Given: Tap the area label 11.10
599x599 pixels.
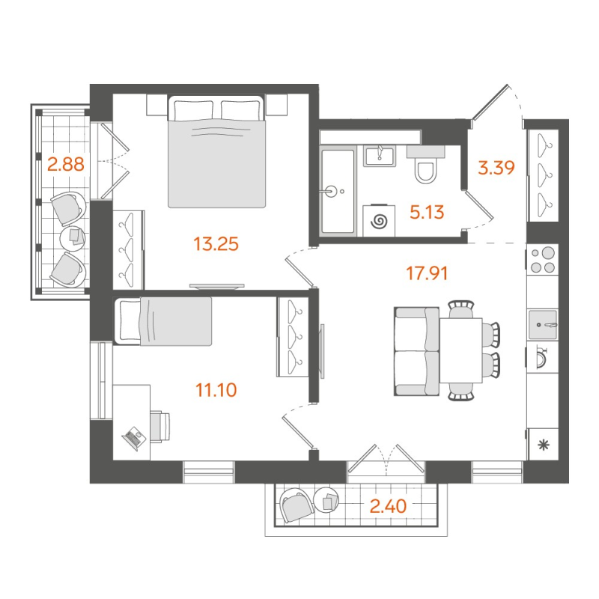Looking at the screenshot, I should [220, 389].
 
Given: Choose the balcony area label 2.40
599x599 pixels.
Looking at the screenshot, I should [388, 506].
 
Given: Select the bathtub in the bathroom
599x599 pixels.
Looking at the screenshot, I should [337, 191].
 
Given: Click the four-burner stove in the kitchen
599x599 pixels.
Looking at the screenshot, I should [543, 260].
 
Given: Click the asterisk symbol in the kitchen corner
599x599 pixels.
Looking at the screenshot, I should [543, 445].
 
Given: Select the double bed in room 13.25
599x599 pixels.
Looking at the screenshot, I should [216, 153].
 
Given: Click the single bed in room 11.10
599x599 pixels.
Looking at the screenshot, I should [163, 321].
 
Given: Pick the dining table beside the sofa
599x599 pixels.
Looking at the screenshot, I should [460, 350].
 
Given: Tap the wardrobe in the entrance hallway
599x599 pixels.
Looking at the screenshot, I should [543, 175].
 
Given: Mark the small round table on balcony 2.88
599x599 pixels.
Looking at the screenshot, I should [73, 237].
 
